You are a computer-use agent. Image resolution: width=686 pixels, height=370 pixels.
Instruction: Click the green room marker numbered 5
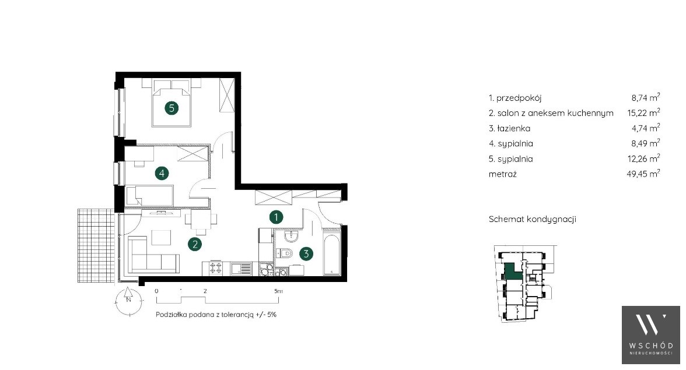(171, 108)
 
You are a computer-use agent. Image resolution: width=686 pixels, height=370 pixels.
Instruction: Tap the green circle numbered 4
(162, 174)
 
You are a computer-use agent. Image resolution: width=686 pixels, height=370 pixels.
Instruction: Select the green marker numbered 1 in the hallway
(276, 217)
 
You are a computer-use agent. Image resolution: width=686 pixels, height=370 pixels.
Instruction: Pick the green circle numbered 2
(195, 244)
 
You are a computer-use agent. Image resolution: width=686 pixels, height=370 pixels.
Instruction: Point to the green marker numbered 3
(306, 253)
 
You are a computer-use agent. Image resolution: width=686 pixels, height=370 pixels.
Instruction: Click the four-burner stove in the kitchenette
(216, 268)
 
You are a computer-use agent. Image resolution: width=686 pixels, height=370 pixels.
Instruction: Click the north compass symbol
(128, 300)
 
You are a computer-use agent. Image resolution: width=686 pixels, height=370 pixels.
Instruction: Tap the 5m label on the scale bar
(278, 291)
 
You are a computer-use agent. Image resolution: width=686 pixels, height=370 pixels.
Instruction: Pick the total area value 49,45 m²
(643, 174)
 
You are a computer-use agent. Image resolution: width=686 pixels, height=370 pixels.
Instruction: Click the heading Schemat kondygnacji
(533, 219)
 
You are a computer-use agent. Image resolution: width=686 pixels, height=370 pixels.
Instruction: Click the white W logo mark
(650, 325)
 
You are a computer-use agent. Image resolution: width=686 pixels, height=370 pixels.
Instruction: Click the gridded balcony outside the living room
(96, 245)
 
